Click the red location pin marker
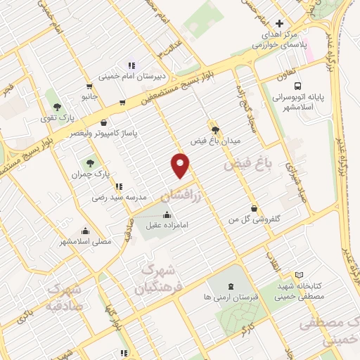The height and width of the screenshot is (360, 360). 181,165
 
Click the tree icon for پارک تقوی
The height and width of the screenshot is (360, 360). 57,107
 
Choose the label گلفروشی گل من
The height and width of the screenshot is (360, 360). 256,219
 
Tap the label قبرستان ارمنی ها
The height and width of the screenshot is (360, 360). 231,297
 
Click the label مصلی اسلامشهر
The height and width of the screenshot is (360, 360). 86,241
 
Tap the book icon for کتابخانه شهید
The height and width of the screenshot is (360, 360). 300,275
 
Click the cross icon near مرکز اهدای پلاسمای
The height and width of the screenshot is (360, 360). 280,23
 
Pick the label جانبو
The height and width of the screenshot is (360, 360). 88,94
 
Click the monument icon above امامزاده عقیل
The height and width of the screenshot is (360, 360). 167,215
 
